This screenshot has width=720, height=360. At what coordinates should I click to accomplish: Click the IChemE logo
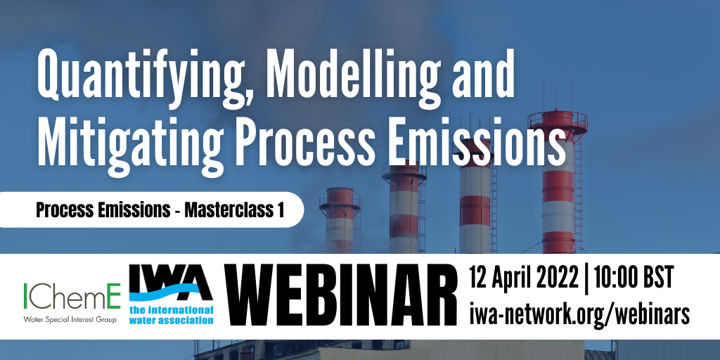pos(72,296)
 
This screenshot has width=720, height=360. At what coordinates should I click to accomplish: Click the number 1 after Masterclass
pos(280,210)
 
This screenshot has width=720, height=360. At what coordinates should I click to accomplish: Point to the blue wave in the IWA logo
pos(171,295)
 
